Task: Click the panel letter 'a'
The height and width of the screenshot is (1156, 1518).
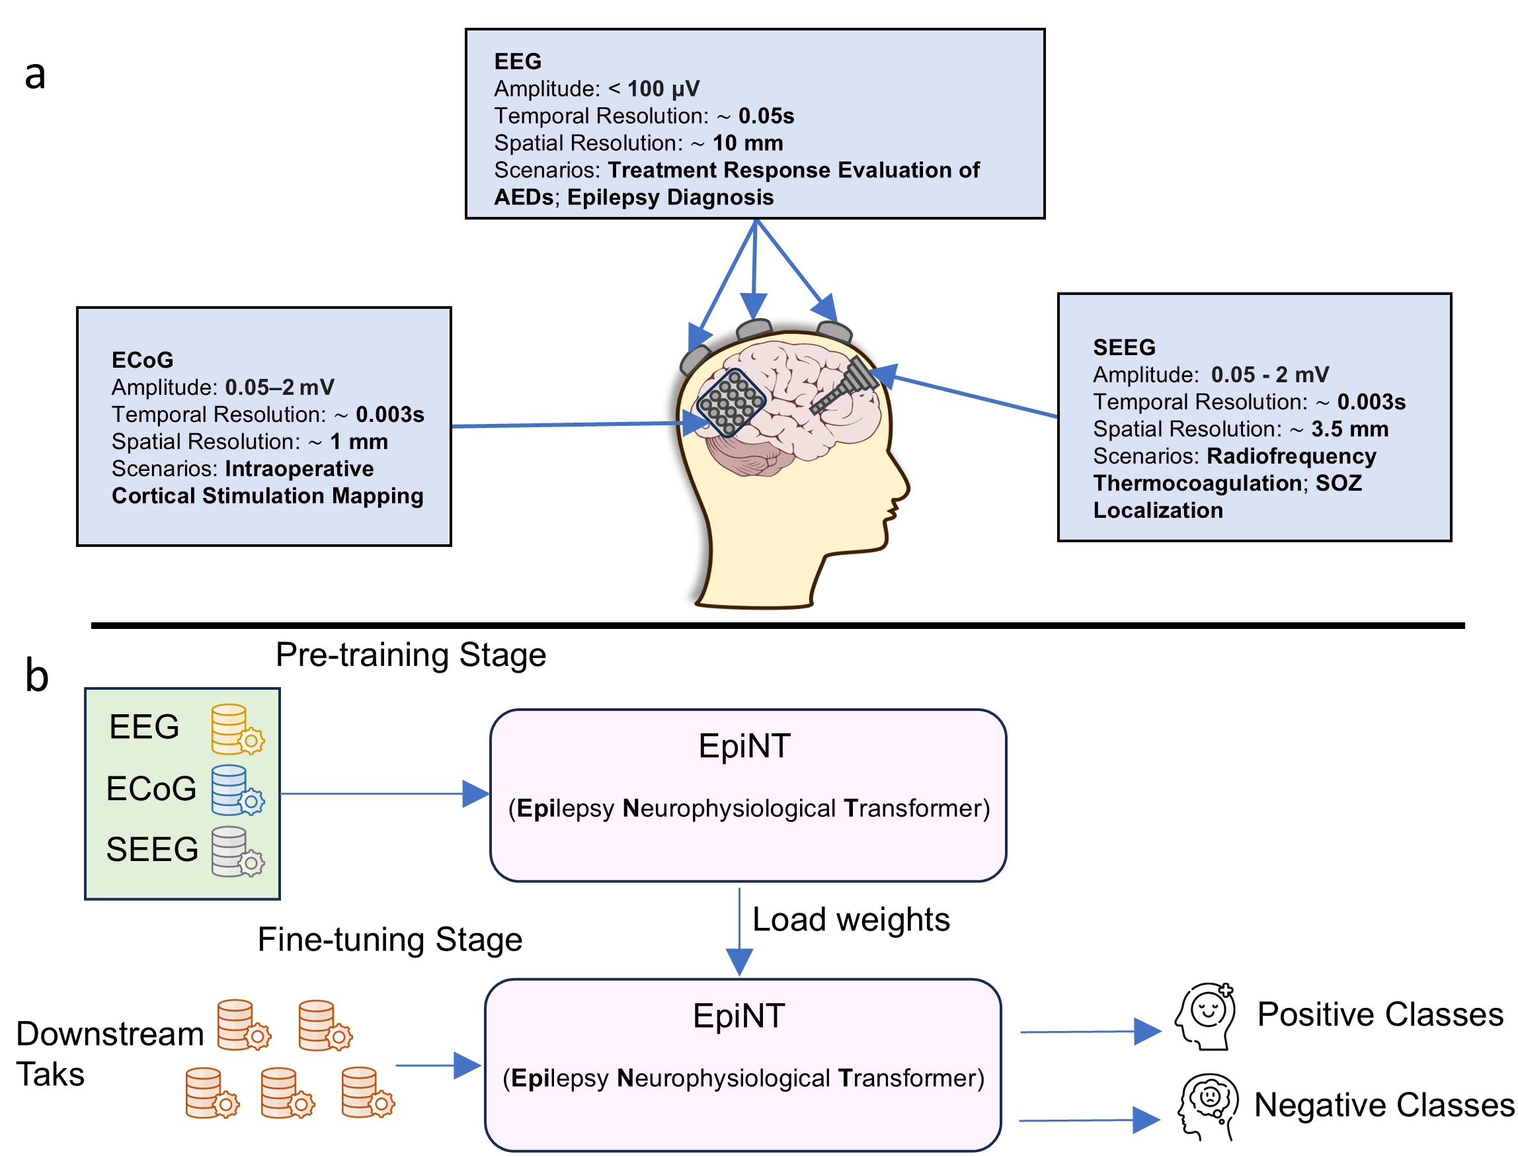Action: (x=35, y=75)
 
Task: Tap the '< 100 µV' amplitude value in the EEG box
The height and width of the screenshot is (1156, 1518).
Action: (x=653, y=89)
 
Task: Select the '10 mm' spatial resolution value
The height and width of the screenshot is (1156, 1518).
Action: (x=748, y=143)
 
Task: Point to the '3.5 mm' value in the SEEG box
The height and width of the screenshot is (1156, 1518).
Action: (x=1349, y=429)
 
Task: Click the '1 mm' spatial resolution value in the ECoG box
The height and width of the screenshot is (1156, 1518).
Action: (x=359, y=442)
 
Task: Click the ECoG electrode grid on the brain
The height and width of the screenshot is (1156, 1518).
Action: (x=731, y=403)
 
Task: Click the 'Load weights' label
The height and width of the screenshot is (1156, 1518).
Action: (x=851, y=919)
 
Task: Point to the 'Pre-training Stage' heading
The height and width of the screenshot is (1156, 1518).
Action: (x=411, y=654)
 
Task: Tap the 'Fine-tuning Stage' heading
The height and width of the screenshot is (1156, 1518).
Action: (x=389, y=939)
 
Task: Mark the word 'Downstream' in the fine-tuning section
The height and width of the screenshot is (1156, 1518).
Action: (x=110, y=1034)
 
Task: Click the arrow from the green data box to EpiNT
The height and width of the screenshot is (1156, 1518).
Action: (x=385, y=794)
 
